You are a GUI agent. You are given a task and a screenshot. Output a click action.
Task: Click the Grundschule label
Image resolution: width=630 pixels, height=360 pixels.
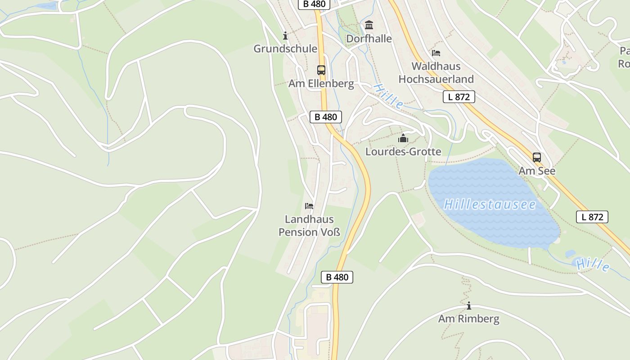click(285, 49)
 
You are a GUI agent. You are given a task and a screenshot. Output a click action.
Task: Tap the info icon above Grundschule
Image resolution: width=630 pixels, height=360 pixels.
click(285, 36)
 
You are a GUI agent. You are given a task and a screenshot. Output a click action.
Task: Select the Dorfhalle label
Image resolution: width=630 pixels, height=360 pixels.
click(369, 39)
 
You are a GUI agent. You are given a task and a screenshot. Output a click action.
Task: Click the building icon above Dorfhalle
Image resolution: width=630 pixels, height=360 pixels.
click(369, 25)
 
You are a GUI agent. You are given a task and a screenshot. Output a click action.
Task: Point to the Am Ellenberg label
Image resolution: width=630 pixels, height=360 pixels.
click(321, 84)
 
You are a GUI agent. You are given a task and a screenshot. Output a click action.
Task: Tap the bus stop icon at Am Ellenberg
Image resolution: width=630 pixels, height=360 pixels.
click(321, 70)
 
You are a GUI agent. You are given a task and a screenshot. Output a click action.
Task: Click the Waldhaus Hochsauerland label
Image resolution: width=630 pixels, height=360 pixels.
click(436, 72)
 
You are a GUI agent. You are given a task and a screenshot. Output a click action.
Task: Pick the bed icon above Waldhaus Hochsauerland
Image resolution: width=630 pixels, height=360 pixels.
click(436, 53)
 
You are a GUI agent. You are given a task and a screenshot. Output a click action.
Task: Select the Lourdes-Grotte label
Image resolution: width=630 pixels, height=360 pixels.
click(403, 152)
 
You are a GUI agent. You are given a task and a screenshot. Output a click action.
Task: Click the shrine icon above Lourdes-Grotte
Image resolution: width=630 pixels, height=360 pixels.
click(403, 138)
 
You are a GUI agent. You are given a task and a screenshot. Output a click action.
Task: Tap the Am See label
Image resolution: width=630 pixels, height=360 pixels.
click(537, 171)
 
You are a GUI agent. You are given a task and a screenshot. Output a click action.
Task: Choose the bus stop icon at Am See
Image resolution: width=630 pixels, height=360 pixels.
click(537, 157)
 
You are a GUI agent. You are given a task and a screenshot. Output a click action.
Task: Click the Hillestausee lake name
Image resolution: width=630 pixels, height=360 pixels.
click(490, 205)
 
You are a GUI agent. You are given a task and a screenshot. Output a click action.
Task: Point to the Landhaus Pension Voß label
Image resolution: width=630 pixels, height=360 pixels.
click(309, 225)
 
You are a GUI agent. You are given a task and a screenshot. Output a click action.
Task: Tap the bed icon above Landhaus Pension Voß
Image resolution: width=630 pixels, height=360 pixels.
click(309, 206)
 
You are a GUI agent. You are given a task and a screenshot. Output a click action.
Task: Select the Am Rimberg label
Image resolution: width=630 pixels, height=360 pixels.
click(468, 319)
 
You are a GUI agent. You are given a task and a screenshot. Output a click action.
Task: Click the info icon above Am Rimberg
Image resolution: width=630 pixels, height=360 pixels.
click(469, 306)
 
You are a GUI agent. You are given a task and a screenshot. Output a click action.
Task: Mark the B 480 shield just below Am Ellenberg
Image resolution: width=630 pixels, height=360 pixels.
click(326, 117)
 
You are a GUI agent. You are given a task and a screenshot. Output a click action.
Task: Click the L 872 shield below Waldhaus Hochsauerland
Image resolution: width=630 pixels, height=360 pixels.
click(459, 97)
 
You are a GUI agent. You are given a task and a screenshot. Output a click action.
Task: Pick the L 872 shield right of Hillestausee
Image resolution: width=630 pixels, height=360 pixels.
click(592, 217)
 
